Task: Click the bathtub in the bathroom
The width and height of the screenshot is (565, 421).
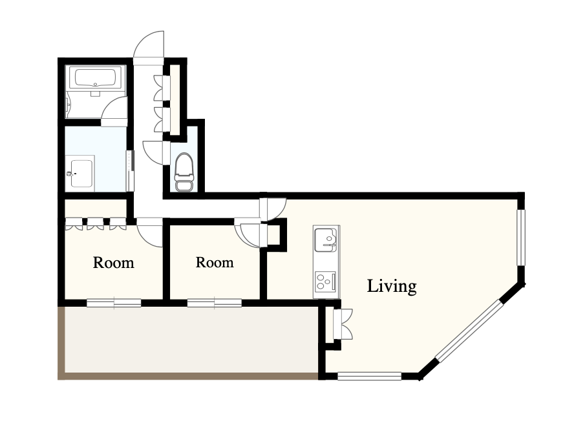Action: click(95, 77)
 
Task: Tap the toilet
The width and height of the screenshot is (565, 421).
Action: click(184, 172)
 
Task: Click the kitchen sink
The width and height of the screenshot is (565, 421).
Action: click(326, 240)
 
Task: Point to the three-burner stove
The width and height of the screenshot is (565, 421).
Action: click(326, 282)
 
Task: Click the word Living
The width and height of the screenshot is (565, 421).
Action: click(392, 287)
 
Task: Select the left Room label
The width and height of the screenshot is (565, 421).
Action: click(114, 263)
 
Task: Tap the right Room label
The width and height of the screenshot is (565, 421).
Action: click(215, 262)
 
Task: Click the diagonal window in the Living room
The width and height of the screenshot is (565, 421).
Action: click(469, 331)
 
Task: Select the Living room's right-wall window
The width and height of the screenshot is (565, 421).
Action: click(520, 238)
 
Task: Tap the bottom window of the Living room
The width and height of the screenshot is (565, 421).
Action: click(369, 376)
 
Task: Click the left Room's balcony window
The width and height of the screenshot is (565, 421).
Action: click(114, 303)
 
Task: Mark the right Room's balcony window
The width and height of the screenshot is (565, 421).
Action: click(215, 303)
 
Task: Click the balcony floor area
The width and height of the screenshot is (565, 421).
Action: click(191, 340)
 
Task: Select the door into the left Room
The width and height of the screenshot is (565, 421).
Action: click(149, 232)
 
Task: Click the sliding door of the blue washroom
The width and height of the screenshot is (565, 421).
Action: click(130, 171)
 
